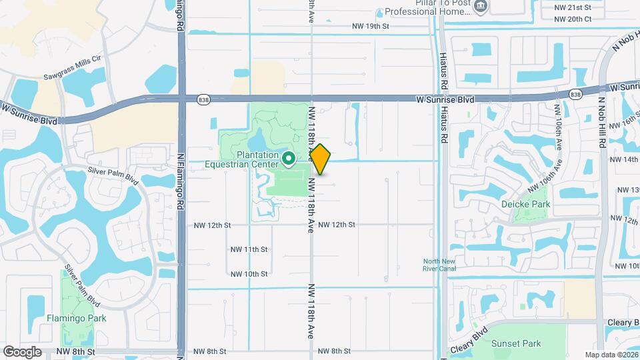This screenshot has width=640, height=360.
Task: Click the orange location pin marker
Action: [x=321, y=159]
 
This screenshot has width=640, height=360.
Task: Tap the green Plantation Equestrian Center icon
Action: [x=289, y=159]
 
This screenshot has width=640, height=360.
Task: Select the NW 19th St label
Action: [x=370, y=27]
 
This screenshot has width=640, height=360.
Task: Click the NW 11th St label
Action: [x=249, y=249]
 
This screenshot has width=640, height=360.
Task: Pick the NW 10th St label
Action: [x=249, y=274]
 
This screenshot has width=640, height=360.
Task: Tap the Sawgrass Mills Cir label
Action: [x=72, y=59]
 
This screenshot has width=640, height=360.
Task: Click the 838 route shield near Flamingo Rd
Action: [x=203, y=99]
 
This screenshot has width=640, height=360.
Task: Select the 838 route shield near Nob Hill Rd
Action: [x=575, y=95]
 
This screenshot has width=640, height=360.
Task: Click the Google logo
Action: [x=22, y=351]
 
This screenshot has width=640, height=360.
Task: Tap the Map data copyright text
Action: [x=610, y=355]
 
